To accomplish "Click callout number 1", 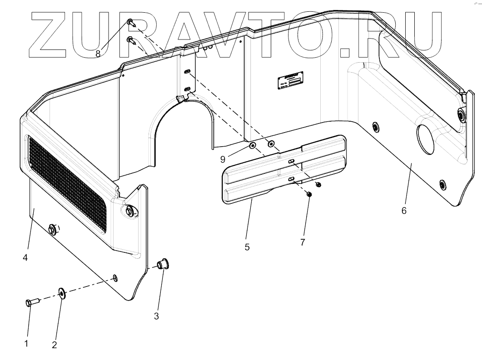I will click(26, 343).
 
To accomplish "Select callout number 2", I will click(55, 345).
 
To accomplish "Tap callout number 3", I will click(156, 316).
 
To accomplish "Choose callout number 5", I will click(247, 247).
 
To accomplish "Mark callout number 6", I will click(404, 210).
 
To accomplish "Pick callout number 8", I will click(98, 54).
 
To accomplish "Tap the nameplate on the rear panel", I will click(291, 83).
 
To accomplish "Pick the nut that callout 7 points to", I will click(309, 194).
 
